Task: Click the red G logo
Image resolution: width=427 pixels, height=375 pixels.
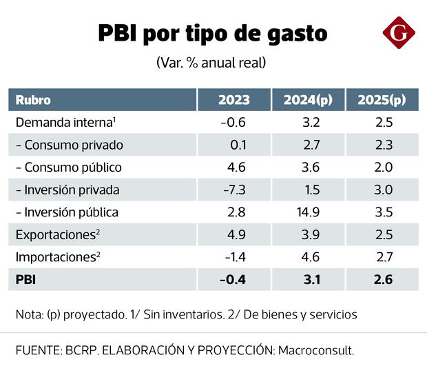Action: coord(399,32)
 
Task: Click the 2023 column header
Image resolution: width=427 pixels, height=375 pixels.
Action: coord(233,100)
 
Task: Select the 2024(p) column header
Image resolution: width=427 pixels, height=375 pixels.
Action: coord(308,100)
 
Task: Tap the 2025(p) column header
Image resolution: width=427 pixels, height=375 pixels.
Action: coord(382,100)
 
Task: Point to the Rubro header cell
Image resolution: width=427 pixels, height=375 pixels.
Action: coord(32,100)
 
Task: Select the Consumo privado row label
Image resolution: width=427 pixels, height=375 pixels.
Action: coord(69,145)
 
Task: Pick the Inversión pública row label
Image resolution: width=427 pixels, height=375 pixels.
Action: coord(67,212)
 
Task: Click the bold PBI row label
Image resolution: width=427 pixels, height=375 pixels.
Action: coord(25,278)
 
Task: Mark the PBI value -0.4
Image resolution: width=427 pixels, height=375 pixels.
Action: coord(232,278)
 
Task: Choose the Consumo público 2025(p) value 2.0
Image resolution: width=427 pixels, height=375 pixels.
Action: coord(384,167)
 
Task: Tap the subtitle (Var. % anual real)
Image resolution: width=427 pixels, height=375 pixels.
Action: coord(211,62)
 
